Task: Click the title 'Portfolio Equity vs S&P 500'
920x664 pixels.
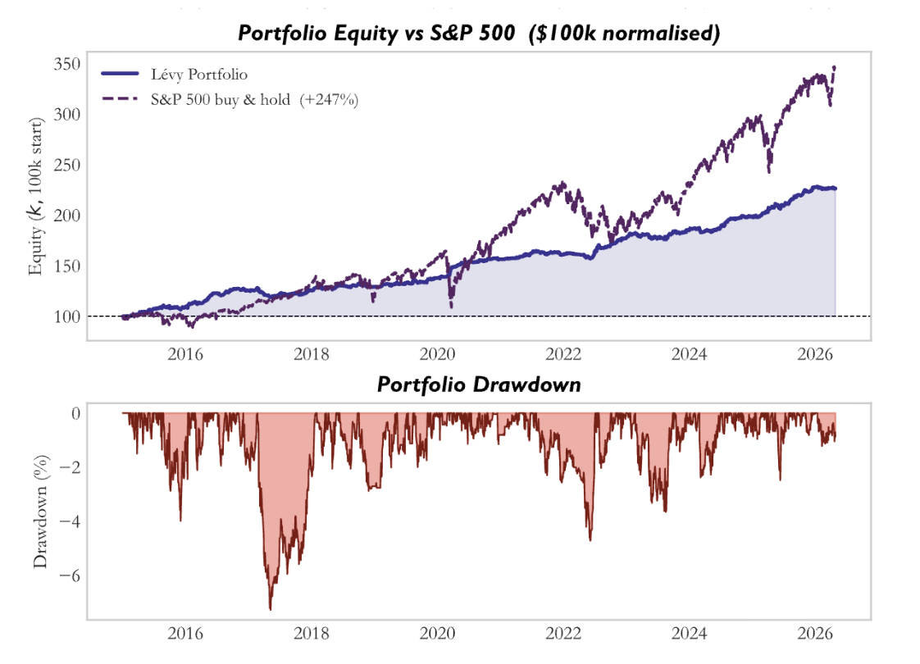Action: pos(376,33)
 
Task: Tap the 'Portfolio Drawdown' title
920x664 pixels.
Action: pos(479,384)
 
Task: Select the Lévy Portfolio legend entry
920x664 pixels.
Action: pos(175,74)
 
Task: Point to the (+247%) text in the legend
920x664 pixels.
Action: pos(329,100)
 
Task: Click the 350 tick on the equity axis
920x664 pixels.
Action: pos(67,63)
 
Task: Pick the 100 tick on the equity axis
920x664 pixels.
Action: pos(67,316)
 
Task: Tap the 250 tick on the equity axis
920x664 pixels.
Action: pos(67,165)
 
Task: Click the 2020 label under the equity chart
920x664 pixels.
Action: pos(437,354)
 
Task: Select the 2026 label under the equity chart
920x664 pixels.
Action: pos(815,354)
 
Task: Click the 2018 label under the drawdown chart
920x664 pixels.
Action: pos(311,634)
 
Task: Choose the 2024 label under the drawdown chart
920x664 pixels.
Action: pos(689,634)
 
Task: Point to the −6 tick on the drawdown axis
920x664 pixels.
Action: pos(69,575)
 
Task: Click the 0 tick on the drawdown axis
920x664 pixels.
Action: pos(75,413)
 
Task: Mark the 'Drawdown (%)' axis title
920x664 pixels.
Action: pos(40,512)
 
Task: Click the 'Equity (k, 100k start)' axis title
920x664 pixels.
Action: pos(36,197)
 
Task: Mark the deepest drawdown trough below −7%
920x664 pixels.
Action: pos(271,609)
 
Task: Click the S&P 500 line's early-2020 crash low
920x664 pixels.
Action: pos(451,307)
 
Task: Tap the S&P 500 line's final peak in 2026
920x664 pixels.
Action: pos(835,67)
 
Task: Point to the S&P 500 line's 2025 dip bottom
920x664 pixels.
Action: pos(769,172)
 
